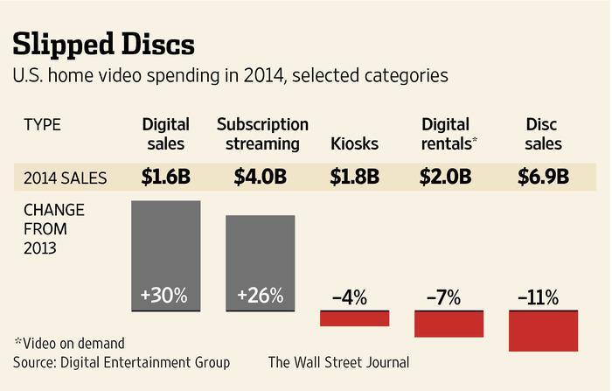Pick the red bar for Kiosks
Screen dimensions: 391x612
(x=354, y=318)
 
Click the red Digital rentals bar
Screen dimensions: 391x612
(x=449, y=324)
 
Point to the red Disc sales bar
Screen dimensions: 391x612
(x=544, y=331)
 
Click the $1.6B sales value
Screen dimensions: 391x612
(x=166, y=178)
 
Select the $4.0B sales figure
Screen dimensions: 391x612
(x=260, y=178)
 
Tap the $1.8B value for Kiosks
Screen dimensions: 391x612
(x=354, y=178)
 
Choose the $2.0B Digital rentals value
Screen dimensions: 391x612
(x=449, y=178)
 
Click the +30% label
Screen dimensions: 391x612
(x=166, y=296)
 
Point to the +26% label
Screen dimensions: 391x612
(x=260, y=296)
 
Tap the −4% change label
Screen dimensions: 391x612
(x=354, y=297)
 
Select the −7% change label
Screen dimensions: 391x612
(x=449, y=297)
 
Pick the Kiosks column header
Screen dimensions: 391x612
(x=354, y=143)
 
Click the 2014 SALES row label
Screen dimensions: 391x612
(x=66, y=178)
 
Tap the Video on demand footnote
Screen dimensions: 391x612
(x=69, y=342)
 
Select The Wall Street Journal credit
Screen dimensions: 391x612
(x=338, y=361)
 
